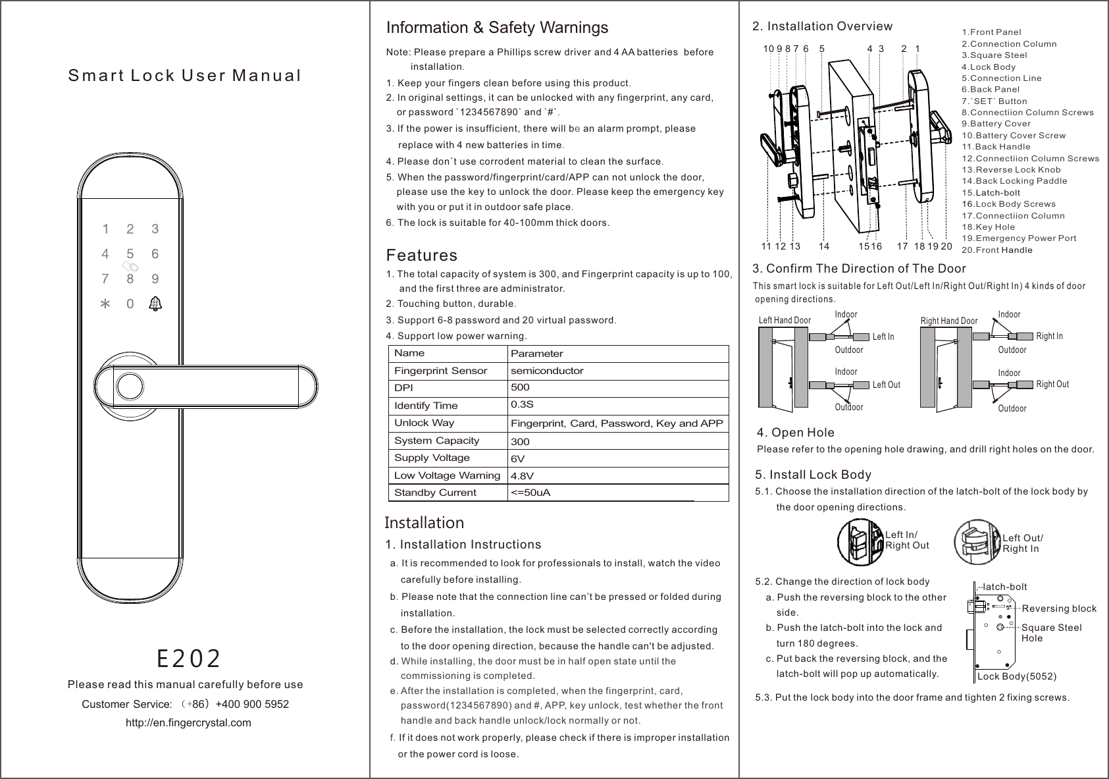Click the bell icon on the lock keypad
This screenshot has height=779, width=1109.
pos(155,304)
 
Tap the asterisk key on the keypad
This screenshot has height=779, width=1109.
pos(103,305)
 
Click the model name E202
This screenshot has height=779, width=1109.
pos(188,657)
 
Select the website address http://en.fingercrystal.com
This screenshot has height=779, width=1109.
pos(188,722)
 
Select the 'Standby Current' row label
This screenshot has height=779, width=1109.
pos(435,493)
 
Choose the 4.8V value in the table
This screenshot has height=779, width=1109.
pos(522,475)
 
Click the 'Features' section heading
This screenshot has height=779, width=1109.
pos(421,255)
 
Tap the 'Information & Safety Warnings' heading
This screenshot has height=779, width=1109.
pos(497,28)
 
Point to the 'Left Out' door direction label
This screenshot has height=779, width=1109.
pos(886,385)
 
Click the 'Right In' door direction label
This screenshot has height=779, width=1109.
pos(1049,336)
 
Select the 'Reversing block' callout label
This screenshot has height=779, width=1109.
pos(1058,608)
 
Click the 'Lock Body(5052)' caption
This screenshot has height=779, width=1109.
pos(1017,677)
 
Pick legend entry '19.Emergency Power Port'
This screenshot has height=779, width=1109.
pos(1019,238)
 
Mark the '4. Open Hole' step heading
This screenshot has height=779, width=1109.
pos(796,433)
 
